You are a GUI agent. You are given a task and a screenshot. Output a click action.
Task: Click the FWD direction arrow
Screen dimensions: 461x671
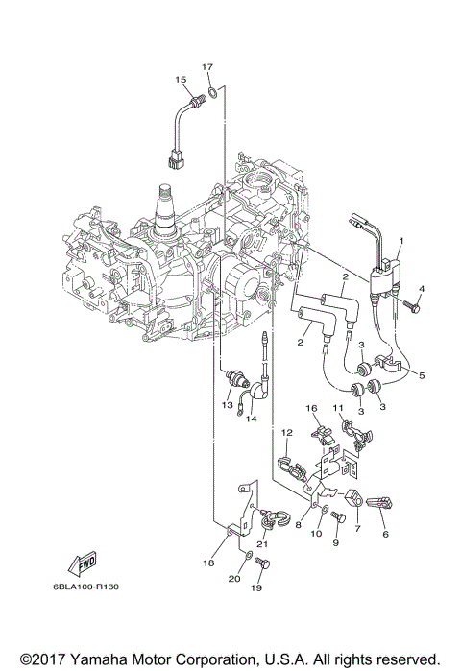[x=83, y=563]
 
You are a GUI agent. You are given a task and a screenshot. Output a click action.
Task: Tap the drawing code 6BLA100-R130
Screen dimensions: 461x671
[x=86, y=587]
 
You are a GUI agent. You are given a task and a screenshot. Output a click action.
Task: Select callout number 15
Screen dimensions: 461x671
[x=181, y=79]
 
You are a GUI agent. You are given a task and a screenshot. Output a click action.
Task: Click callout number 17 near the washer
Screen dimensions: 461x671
[x=207, y=67]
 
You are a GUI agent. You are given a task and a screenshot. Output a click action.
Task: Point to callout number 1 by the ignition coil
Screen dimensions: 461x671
[x=400, y=241]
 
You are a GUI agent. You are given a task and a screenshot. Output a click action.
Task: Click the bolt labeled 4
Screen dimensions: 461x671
[x=410, y=306]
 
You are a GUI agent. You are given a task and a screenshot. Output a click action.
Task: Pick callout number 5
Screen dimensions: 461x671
[x=422, y=375]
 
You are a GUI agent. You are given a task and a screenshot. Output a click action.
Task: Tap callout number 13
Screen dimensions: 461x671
[x=227, y=405]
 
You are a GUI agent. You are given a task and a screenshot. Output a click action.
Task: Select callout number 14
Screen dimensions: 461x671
[x=252, y=419]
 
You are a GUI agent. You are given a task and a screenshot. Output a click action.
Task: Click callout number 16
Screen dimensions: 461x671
[x=311, y=408]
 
